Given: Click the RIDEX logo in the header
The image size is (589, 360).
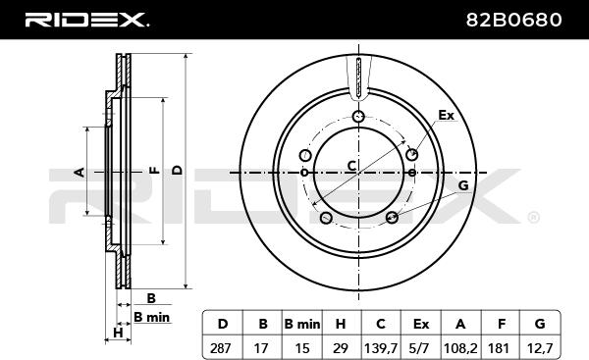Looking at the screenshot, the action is [x=86, y=20].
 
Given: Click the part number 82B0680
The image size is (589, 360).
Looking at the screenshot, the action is [x=513, y=20].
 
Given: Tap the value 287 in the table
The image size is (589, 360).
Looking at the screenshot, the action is [x=221, y=348].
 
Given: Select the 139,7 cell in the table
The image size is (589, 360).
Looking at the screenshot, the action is [x=381, y=349].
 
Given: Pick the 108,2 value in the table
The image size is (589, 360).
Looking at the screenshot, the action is [x=460, y=349].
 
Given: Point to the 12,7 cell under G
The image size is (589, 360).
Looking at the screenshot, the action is [x=540, y=349].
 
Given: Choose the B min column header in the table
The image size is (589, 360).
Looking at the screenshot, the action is [x=302, y=324].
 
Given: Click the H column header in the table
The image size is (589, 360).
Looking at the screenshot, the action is [x=341, y=324].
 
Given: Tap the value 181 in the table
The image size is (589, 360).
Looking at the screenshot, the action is [x=499, y=348].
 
